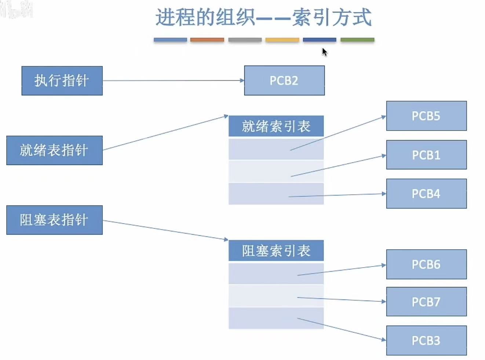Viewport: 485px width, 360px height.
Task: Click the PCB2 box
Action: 284,81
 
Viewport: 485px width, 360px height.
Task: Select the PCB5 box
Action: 426,116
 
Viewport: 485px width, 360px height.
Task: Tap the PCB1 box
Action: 426,155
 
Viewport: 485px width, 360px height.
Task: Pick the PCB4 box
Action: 426,194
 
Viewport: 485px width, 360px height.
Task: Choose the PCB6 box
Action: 426,264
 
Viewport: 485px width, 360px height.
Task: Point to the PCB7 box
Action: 426,302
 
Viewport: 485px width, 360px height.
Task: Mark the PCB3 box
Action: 426,341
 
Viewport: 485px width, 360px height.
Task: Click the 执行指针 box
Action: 62,81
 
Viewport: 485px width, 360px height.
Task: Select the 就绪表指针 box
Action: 54,150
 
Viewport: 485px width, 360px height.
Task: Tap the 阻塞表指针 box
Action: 54,220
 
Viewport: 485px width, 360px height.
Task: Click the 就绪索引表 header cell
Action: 276,126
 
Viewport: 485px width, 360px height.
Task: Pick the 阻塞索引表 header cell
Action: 276,251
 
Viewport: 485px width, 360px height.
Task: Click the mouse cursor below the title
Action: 324,52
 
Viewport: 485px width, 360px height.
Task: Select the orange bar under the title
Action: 207,40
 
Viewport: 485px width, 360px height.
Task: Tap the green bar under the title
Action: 357,40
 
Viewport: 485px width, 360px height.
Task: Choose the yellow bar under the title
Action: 282,40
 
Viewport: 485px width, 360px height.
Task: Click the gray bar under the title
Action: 245,40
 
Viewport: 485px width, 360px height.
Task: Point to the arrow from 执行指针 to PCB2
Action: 172,81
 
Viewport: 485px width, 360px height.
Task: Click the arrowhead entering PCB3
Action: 384,340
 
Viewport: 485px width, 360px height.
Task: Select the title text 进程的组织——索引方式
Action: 263,18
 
